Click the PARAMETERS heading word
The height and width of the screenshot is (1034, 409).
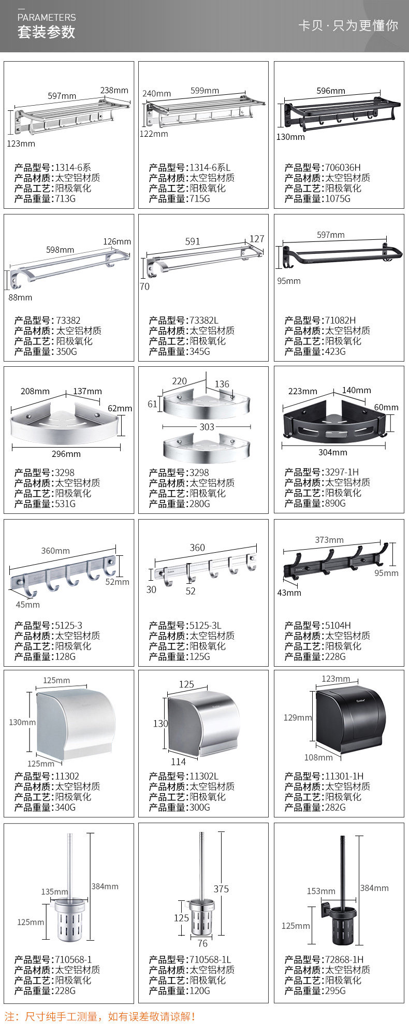click(47, 17)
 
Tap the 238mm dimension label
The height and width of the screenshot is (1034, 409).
click(114, 90)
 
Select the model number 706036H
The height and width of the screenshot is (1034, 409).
click(343, 167)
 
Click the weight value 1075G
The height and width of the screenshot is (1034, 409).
click(338, 198)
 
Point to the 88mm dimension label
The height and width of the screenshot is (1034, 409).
click(20, 297)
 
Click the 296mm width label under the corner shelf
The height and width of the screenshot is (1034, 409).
click(66, 454)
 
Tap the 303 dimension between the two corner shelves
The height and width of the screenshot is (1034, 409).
click(207, 427)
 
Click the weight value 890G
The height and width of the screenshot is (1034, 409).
click(335, 503)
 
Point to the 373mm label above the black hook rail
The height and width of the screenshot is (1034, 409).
click(329, 540)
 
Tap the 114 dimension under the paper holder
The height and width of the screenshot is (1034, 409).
click(178, 762)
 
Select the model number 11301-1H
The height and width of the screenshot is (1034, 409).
click(344, 776)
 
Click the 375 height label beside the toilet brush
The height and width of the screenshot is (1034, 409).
click(221, 889)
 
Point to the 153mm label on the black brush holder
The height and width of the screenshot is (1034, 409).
click(321, 891)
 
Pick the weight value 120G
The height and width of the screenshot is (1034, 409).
click(200, 990)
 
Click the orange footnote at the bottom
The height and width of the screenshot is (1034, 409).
click(100, 1016)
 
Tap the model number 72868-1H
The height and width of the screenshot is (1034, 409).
click(344, 959)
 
